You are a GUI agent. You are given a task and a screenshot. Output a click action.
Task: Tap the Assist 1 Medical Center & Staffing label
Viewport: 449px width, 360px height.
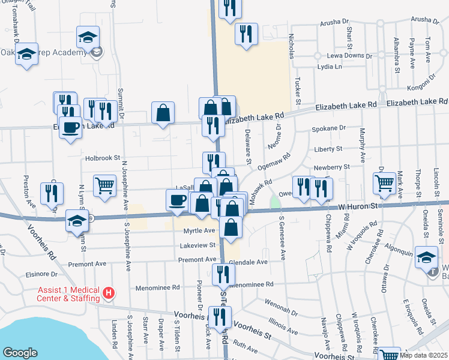pyautogui.click(x=68, y=293)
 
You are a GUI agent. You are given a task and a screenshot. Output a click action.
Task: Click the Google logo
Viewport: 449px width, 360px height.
pyautogui.click(x=20, y=353)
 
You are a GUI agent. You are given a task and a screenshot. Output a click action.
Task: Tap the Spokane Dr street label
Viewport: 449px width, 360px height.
pyautogui.click(x=330, y=128)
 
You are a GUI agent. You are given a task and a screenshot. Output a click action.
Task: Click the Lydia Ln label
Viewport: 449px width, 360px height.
pyautogui.click(x=330, y=67)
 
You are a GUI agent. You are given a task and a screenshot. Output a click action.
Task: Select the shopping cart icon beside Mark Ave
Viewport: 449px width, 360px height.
pyautogui.click(x=384, y=183)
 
